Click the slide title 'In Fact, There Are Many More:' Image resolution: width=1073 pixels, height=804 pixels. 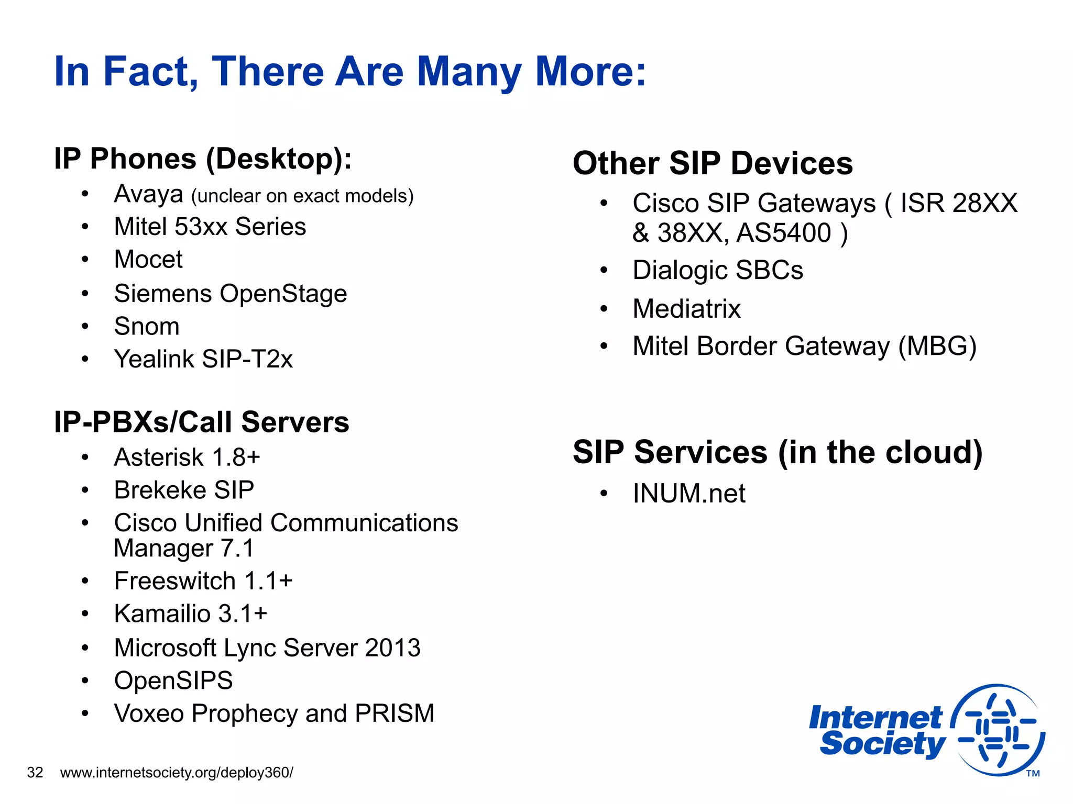click(x=350, y=72)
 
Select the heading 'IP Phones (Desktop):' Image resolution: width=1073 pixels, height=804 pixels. click(x=203, y=159)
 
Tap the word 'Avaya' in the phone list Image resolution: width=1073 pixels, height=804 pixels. click(x=148, y=194)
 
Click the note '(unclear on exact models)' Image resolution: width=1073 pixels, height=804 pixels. click(x=302, y=196)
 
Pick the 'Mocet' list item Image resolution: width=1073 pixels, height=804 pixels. click(x=148, y=260)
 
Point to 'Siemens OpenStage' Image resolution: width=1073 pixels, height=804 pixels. click(x=231, y=294)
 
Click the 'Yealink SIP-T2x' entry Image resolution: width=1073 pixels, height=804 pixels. click(x=203, y=359)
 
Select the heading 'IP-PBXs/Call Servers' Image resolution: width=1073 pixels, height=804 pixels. click(x=201, y=422)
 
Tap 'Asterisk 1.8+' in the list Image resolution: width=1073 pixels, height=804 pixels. click(x=187, y=457)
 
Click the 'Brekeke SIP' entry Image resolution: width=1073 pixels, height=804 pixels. click(x=184, y=490)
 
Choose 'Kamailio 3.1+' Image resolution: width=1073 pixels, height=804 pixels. click(x=191, y=614)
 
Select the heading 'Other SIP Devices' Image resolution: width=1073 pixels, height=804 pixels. click(x=713, y=163)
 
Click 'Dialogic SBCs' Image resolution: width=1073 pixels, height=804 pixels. click(x=717, y=271)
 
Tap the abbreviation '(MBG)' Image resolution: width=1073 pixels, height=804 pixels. click(x=937, y=347)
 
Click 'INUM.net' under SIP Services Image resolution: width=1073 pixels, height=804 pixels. click(x=688, y=494)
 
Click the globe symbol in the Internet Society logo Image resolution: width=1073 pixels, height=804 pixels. click(x=998, y=730)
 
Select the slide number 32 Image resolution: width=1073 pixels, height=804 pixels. click(x=35, y=773)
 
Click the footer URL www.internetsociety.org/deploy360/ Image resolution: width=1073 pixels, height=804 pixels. click(x=177, y=773)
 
